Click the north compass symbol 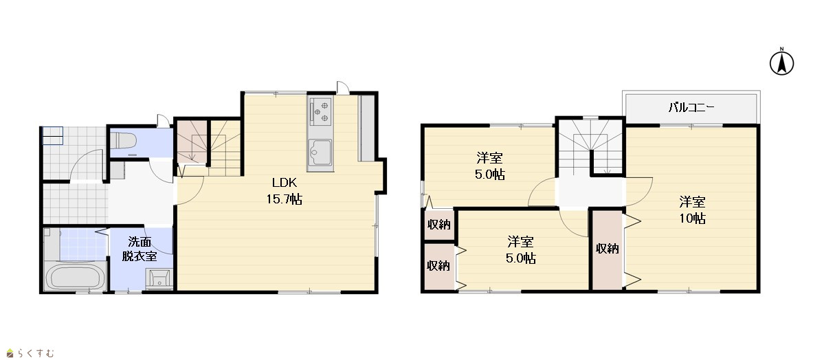click(782, 62)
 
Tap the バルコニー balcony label click(691, 108)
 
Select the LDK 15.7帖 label click(284, 190)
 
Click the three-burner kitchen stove click(320, 111)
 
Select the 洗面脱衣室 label click(140, 249)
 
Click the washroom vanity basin click(159, 278)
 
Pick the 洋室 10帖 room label click(692, 210)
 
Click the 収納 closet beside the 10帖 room click(607, 249)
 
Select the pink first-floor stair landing click(192, 142)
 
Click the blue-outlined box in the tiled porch click(52, 136)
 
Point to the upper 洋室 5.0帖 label click(490, 166)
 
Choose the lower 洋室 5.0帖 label click(520, 249)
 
